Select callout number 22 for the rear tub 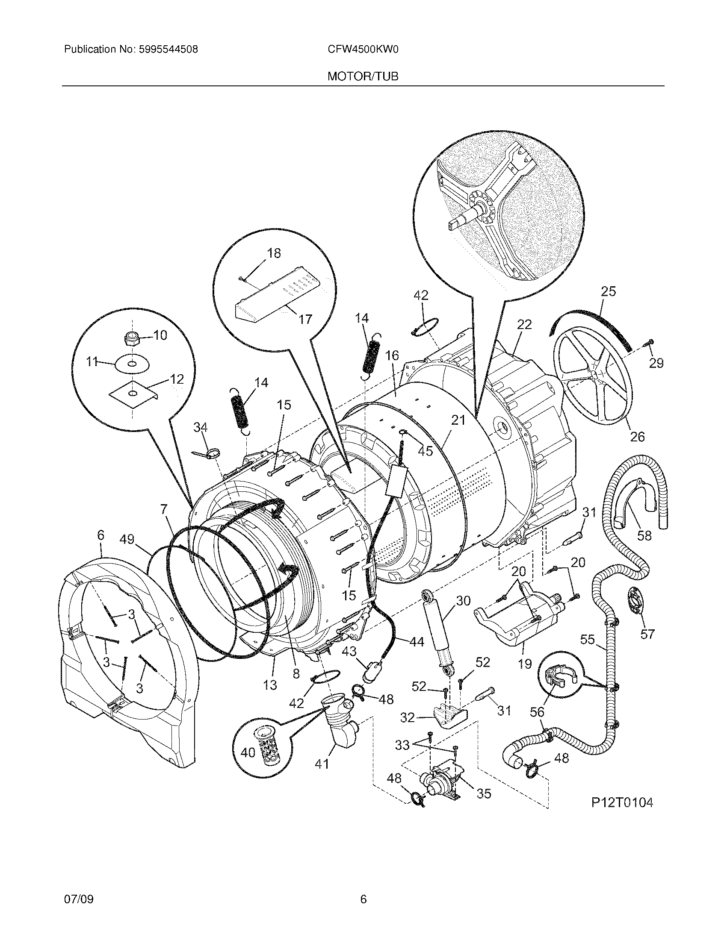coord(524,325)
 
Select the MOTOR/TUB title coord(363,76)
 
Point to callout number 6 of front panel coord(100,535)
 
